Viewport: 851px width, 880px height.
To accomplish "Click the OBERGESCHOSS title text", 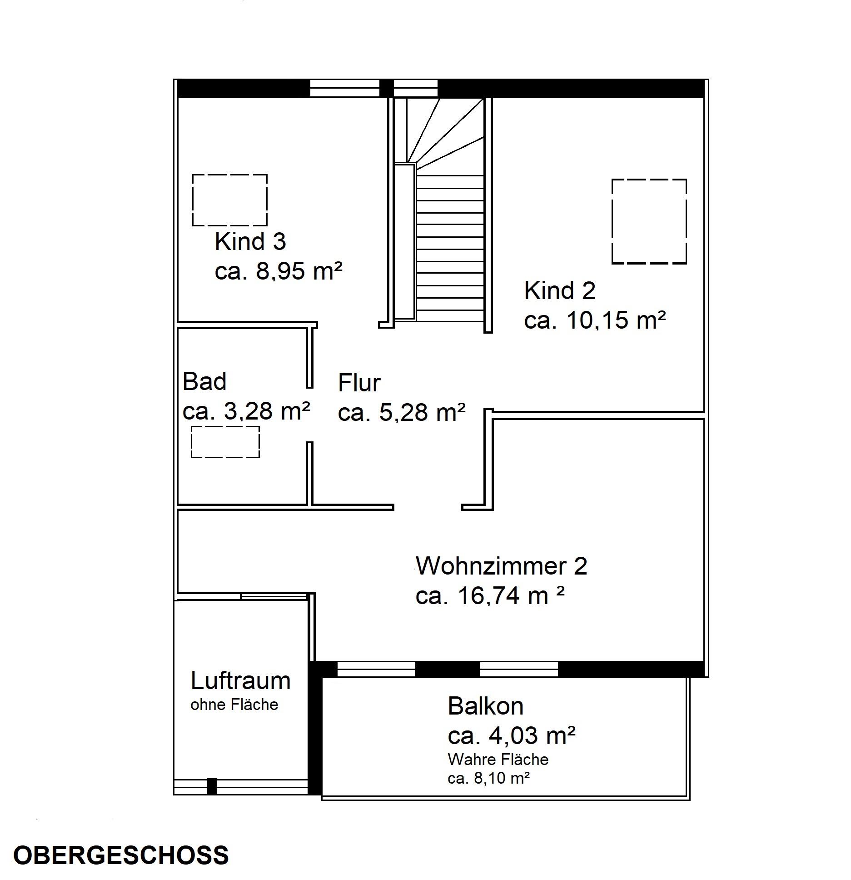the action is coord(121,855).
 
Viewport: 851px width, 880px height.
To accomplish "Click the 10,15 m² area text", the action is coord(616,320).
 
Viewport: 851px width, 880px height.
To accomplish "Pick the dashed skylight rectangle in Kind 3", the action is coord(230,200).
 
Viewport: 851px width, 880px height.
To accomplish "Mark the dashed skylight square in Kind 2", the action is coord(649,221).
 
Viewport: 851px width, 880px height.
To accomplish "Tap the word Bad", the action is coord(204,381).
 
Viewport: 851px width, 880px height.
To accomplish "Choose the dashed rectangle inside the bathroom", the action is coord(225,442).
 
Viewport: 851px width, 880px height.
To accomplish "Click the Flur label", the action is coord(359,383).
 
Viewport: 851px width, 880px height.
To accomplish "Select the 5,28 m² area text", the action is coord(422,413).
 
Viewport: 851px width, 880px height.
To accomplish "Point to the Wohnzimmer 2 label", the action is coord(502,566).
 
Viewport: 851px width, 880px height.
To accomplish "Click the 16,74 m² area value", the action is coord(511,595).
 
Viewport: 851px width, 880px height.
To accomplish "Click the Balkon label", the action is coord(486,706).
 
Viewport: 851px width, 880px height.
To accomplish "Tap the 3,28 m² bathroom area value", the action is coord(267,411).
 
